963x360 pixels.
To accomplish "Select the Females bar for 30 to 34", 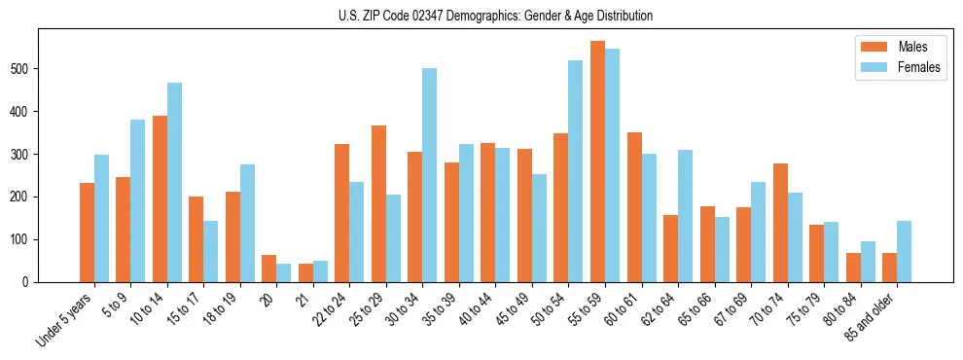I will point(430,175).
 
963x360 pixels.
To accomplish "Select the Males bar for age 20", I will point(269,269).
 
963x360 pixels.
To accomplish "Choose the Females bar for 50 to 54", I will point(576,171).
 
